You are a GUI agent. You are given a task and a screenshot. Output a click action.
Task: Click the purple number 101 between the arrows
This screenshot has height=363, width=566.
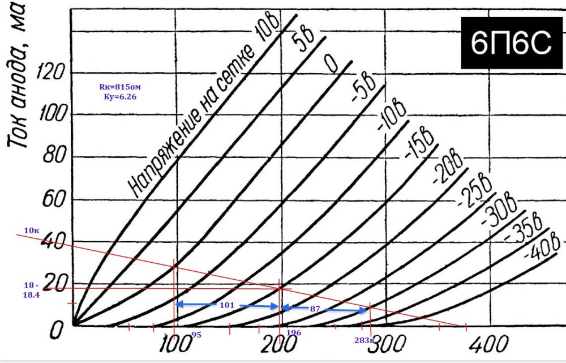[x=226, y=305]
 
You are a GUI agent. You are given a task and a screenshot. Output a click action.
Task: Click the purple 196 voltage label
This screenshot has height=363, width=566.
[x=293, y=334]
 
